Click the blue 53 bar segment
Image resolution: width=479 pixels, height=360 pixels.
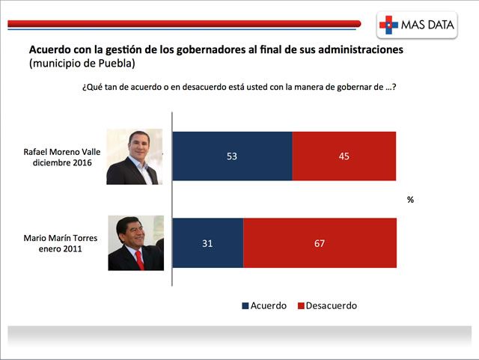(232, 156)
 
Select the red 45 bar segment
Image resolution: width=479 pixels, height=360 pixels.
(344, 156)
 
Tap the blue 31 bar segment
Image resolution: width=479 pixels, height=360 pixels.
(208, 243)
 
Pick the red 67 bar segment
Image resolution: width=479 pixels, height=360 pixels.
(320, 243)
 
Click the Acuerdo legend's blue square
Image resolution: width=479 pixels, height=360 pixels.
(245, 305)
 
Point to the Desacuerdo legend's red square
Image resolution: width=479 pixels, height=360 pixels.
(301, 305)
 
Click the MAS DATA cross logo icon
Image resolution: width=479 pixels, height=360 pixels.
(388, 25)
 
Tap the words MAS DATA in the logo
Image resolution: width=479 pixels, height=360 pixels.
(427, 25)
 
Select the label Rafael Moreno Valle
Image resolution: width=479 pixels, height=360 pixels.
(62, 152)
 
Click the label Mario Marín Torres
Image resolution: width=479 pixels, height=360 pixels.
(61, 238)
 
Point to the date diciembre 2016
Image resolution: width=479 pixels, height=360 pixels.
(62, 162)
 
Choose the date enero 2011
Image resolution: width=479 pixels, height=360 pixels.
(60, 248)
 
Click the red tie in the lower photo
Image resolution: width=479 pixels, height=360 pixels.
(140, 260)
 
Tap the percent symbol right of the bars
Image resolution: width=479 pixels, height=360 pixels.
(410, 200)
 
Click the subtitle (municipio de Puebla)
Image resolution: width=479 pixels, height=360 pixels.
(82, 64)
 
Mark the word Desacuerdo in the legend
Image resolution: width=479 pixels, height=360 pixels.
(331, 305)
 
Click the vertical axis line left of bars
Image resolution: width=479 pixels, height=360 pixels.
(172, 199)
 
